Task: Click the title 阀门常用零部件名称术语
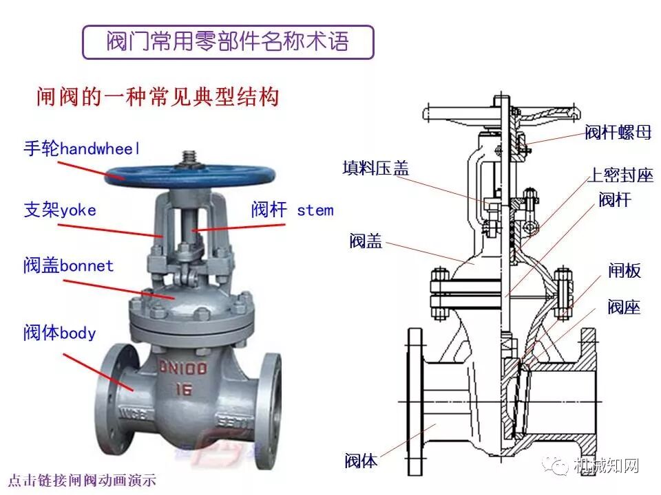tap(227, 42)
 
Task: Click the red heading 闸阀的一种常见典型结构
tap(158, 97)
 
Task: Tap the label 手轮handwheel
tap(81, 148)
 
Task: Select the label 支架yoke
tap(60, 210)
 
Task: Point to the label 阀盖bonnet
tap(68, 266)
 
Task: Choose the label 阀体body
tap(59, 333)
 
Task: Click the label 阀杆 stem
tap(292, 210)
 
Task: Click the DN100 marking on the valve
tap(183, 368)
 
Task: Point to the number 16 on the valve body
tap(182, 390)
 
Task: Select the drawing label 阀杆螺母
tap(618, 133)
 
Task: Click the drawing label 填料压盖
tap(375, 168)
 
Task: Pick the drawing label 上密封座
tap(619, 175)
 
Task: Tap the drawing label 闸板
tap(624, 271)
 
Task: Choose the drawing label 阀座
tap(624, 307)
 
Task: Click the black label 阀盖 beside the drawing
tap(366, 241)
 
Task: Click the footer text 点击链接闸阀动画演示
tap(83, 480)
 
